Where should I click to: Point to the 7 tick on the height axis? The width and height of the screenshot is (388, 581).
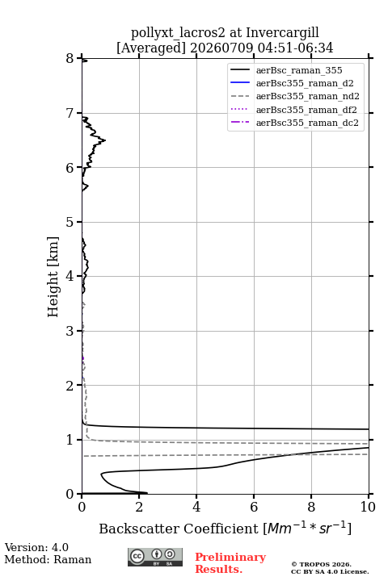[79, 113]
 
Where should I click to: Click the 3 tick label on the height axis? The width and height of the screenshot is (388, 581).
[70, 331]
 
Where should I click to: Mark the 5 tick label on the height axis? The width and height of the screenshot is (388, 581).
[70, 222]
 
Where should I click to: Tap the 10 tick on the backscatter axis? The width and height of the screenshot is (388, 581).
[369, 496]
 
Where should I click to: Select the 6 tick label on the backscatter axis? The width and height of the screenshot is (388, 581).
[254, 507]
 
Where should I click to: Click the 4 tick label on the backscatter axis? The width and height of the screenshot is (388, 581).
[196, 507]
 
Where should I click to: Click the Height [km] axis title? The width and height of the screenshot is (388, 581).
[53, 277]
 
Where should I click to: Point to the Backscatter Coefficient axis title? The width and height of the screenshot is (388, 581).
[225, 528]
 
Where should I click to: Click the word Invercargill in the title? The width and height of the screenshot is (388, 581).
[283, 32]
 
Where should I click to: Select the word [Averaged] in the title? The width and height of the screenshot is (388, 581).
[151, 48]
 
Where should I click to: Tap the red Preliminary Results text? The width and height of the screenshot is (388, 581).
[230, 563]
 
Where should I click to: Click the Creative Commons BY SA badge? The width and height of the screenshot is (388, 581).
[155, 558]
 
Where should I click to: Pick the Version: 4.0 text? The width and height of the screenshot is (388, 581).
[36, 547]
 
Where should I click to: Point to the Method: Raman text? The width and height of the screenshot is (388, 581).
[48, 559]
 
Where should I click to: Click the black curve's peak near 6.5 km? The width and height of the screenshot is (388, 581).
[105, 140]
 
